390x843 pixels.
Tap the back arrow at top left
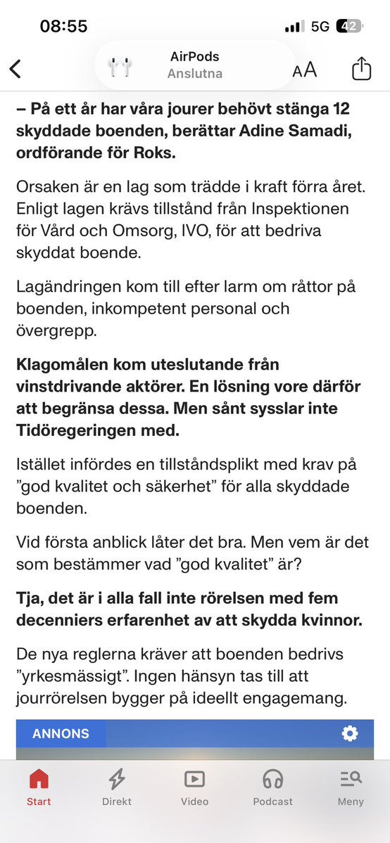pyautogui.click(x=15, y=68)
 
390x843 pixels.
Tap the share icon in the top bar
pyautogui.click(x=360, y=68)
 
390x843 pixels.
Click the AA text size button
pyautogui.click(x=305, y=70)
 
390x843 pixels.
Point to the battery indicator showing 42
pyautogui.click(x=350, y=27)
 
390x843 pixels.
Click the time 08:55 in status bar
pyautogui.click(x=63, y=27)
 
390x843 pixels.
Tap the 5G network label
pyautogui.click(x=320, y=27)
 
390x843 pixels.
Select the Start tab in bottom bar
pyautogui.click(x=39, y=786)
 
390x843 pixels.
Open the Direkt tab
pyautogui.click(x=116, y=786)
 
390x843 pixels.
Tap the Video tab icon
pyautogui.click(x=194, y=779)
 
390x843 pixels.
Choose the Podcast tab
pyautogui.click(x=272, y=786)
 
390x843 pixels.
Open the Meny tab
pyautogui.click(x=351, y=786)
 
